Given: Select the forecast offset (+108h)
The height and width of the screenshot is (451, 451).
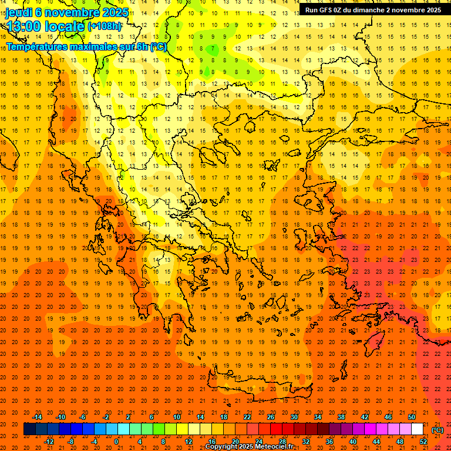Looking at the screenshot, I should pyautogui.click(x=105, y=26).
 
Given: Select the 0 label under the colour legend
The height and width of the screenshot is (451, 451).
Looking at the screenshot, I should pyautogui.click(x=117, y=442).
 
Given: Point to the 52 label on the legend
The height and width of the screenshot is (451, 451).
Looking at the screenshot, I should pyautogui.click(x=423, y=442).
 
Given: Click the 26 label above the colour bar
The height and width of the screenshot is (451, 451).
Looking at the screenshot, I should pyautogui.click(x=271, y=417).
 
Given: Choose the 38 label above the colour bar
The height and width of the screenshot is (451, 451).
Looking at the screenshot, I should pyautogui.click(x=341, y=417).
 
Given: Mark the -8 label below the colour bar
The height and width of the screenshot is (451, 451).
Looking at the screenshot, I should pyautogui.click(x=70, y=442).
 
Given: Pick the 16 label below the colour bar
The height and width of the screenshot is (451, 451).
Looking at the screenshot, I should pyautogui.click(x=211, y=442).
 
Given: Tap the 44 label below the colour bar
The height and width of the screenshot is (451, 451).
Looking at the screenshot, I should pyautogui.click(x=376, y=442).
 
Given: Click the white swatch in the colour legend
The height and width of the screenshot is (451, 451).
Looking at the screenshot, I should pyautogui.click(x=417, y=429).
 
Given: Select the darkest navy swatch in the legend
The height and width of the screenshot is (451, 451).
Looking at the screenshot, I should pyautogui.click(x=29, y=429).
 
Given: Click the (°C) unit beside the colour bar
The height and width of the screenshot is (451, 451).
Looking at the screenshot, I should pyautogui.click(x=437, y=430).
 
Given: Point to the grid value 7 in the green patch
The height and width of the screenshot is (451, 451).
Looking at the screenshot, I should pyautogui.click(x=214, y=48).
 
